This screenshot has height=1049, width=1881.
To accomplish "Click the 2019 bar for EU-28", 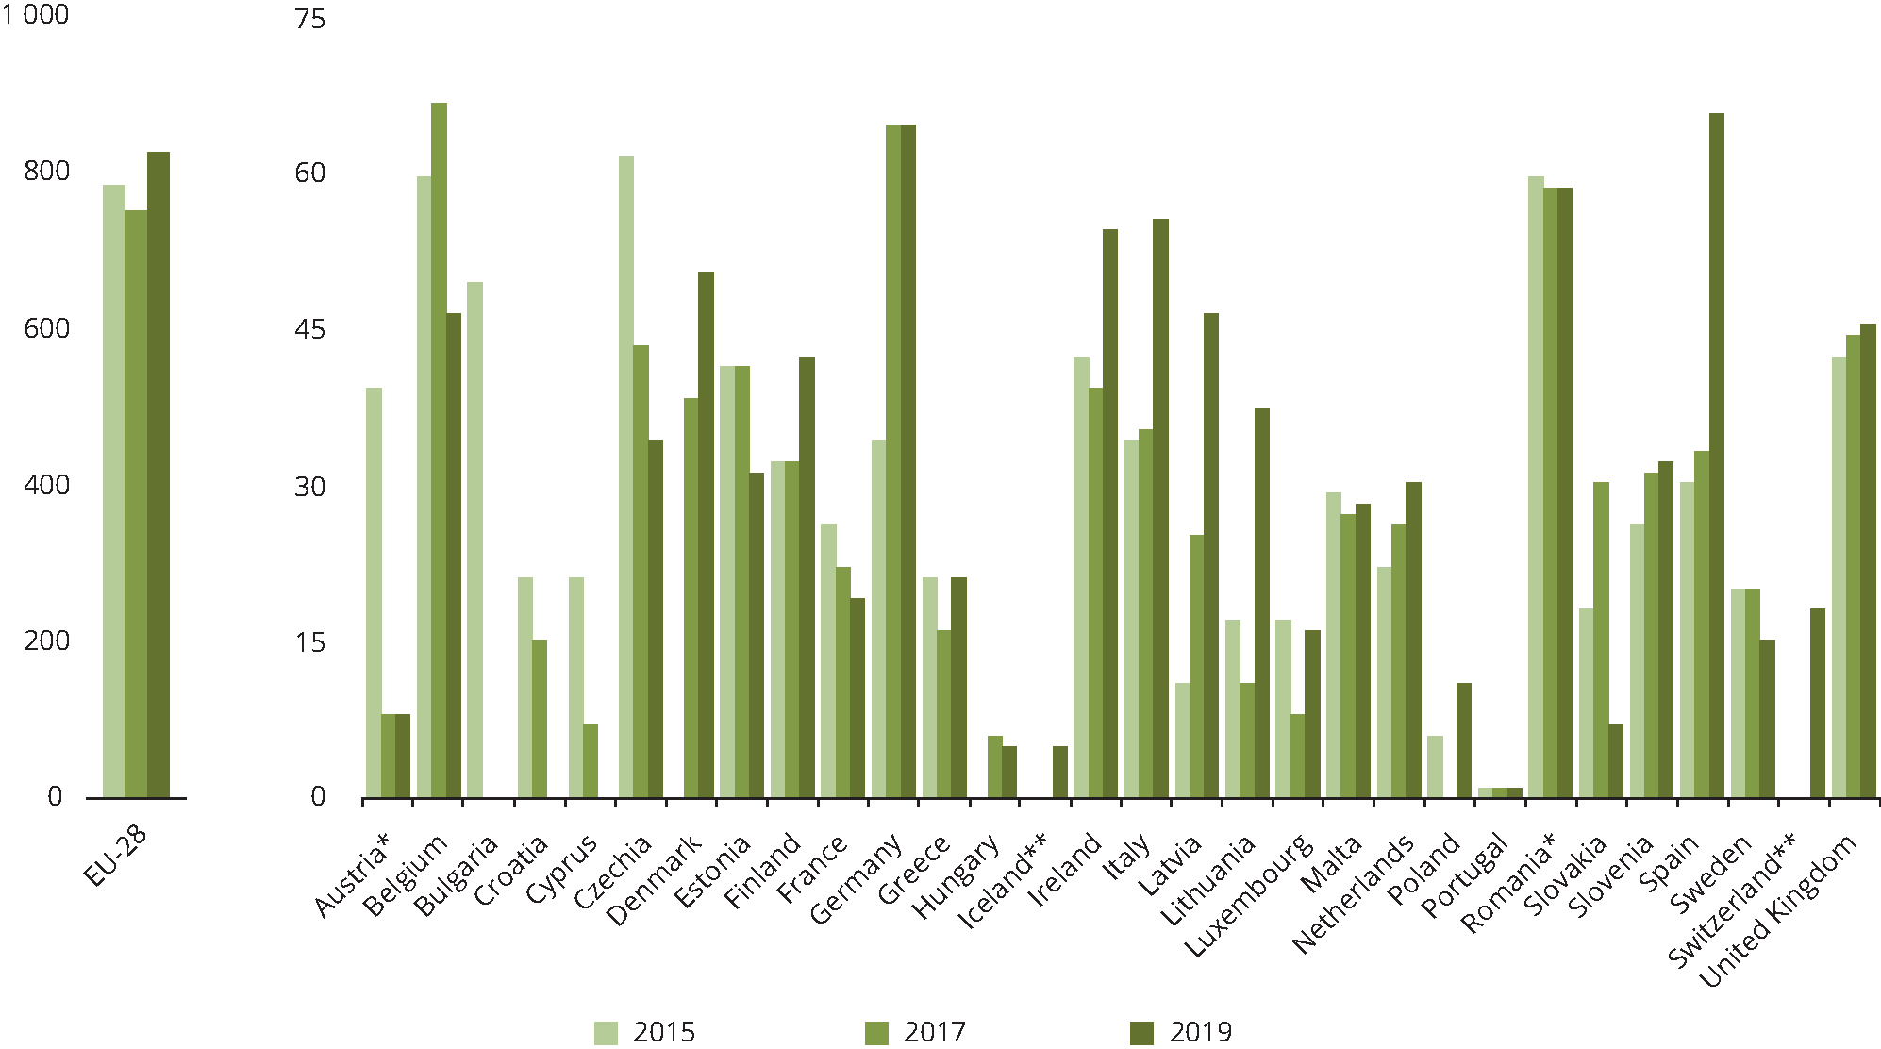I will point(158,475).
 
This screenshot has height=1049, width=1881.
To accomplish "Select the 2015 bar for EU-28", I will point(113,491).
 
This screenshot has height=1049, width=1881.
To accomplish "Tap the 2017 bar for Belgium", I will point(439,450).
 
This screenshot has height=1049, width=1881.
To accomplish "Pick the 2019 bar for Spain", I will point(1716,456).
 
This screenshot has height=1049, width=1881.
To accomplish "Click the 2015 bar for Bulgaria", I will point(474,540).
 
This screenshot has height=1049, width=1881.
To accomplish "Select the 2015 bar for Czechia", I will point(626,476).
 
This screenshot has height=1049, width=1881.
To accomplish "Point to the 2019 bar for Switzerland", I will point(1817,703).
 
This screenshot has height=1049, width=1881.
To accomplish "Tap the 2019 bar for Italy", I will point(1160,508).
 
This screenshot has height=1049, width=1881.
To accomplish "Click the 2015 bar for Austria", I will point(374,592).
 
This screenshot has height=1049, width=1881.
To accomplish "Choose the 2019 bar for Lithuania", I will point(1261,603).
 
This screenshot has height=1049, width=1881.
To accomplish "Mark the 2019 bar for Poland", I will point(1463,741).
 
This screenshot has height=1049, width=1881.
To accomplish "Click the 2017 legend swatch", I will point(876,1033).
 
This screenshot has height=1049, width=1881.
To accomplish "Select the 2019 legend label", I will point(1200,1032).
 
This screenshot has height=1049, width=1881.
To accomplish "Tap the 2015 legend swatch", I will point(606,1033).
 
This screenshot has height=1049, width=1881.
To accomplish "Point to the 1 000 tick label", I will point(35,15).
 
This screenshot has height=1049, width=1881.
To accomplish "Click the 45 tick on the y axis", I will point(309,329).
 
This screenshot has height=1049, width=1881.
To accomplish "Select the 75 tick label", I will point(309,19).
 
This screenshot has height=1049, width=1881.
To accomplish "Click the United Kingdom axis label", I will point(1778,910).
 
